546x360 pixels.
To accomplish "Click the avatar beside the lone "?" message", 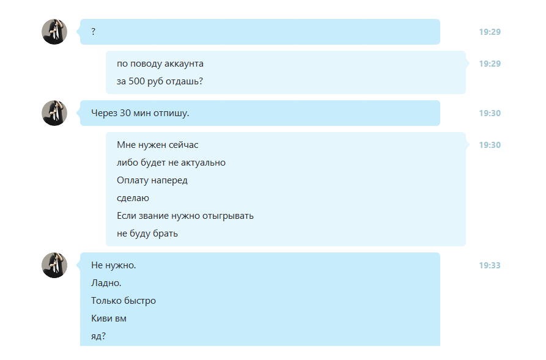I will click(54, 32).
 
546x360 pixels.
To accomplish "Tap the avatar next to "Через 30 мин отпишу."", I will click(54, 113).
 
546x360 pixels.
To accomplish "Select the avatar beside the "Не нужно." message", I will click(54, 265).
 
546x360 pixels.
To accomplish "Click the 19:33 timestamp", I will click(489, 265).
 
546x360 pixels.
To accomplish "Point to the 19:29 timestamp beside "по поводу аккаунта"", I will click(489, 64).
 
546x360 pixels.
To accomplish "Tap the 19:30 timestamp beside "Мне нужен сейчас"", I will click(489, 145).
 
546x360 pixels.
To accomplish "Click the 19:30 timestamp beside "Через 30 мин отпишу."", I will click(489, 113).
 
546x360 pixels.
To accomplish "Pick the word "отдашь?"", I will click(185, 81).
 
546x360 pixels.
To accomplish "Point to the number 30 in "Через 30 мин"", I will click(126, 113).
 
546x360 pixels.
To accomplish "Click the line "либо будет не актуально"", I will click(171, 163).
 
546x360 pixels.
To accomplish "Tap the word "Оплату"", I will click(133, 180).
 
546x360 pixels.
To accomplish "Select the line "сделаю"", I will click(133, 198).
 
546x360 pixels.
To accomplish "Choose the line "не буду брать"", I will click(147, 233).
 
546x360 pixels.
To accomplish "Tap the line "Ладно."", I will click(106, 283).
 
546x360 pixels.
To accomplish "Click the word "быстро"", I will click(141, 301).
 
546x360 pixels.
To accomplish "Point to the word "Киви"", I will click(101, 318).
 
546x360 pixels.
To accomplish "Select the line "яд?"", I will click(98, 336).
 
